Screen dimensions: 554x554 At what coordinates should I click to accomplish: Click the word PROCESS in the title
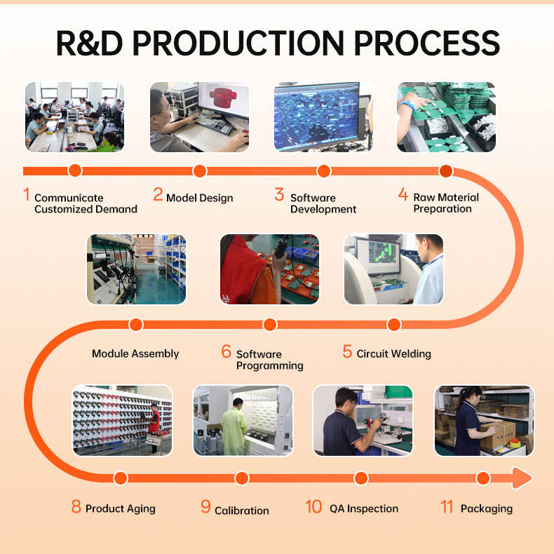[x=427, y=43]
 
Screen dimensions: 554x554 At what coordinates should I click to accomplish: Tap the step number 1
[x=27, y=194]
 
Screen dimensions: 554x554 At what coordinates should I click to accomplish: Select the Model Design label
[x=199, y=198]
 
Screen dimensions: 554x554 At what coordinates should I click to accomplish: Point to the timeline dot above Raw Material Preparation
[x=446, y=170]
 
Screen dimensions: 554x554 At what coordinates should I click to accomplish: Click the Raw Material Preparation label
[x=446, y=203]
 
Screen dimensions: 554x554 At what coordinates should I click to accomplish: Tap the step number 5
[x=347, y=351]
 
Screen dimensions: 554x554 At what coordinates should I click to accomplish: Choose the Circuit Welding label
[x=393, y=353]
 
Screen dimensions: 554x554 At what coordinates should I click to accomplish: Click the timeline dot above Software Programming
[x=269, y=324]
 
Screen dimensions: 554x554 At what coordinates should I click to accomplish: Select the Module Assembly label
[x=135, y=353]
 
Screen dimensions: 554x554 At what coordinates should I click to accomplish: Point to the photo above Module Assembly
[x=136, y=269]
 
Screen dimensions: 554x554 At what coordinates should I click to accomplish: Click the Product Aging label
[x=120, y=508]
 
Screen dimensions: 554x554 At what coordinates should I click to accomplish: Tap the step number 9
[x=205, y=507]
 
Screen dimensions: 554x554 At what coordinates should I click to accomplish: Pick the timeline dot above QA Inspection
[x=361, y=478]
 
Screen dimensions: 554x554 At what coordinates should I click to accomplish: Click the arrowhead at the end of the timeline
[x=522, y=478]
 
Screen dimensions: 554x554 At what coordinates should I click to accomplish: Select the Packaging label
[x=486, y=508]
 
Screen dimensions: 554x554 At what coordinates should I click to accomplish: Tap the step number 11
[x=447, y=507]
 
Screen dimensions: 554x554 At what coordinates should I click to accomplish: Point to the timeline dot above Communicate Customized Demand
[x=75, y=170]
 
